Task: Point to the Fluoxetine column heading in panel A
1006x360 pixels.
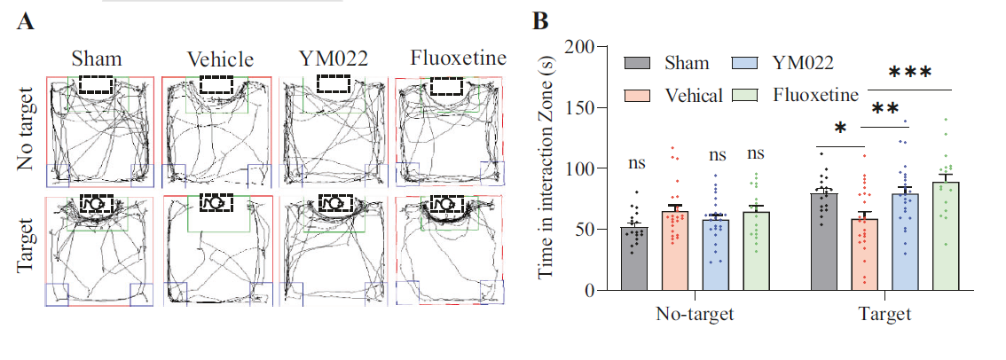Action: tap(459, 59)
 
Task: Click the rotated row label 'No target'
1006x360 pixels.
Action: tap(26, 131)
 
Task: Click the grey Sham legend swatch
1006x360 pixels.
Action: tap(639, 63)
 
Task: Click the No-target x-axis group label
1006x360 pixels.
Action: tap(698, 314)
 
